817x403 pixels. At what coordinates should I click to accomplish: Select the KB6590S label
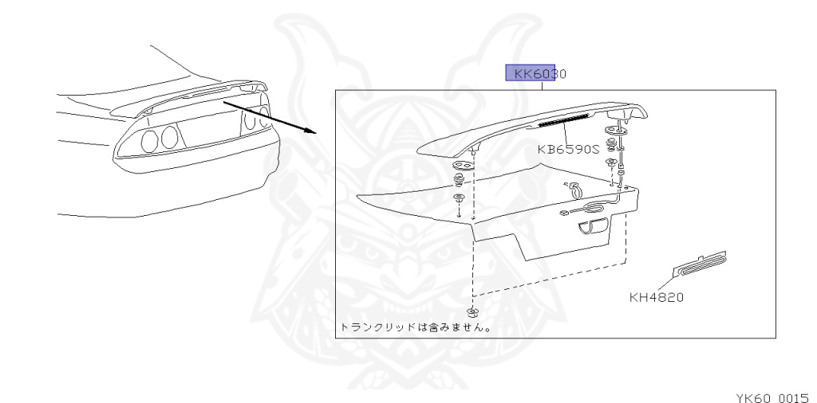click(x=567, y=148)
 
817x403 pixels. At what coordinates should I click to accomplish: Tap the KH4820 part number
click(x=657, y=299)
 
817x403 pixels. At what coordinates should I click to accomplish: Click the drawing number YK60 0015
click(x=771, y=395)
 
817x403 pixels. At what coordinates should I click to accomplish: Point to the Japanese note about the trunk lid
click(x=415, y=327)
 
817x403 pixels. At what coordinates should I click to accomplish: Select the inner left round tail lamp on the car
click(x=169, y=138)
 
